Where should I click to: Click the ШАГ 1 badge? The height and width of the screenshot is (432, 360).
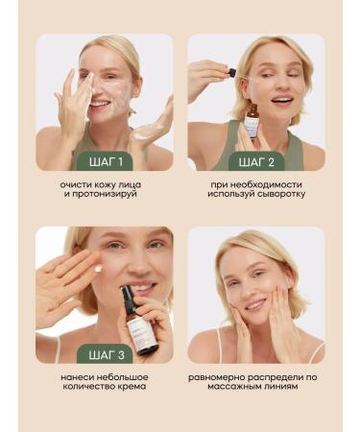[x=104, y=159]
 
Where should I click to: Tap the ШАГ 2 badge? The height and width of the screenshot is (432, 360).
[x=255, y=159]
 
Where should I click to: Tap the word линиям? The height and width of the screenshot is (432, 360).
[x=294, y=386]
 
